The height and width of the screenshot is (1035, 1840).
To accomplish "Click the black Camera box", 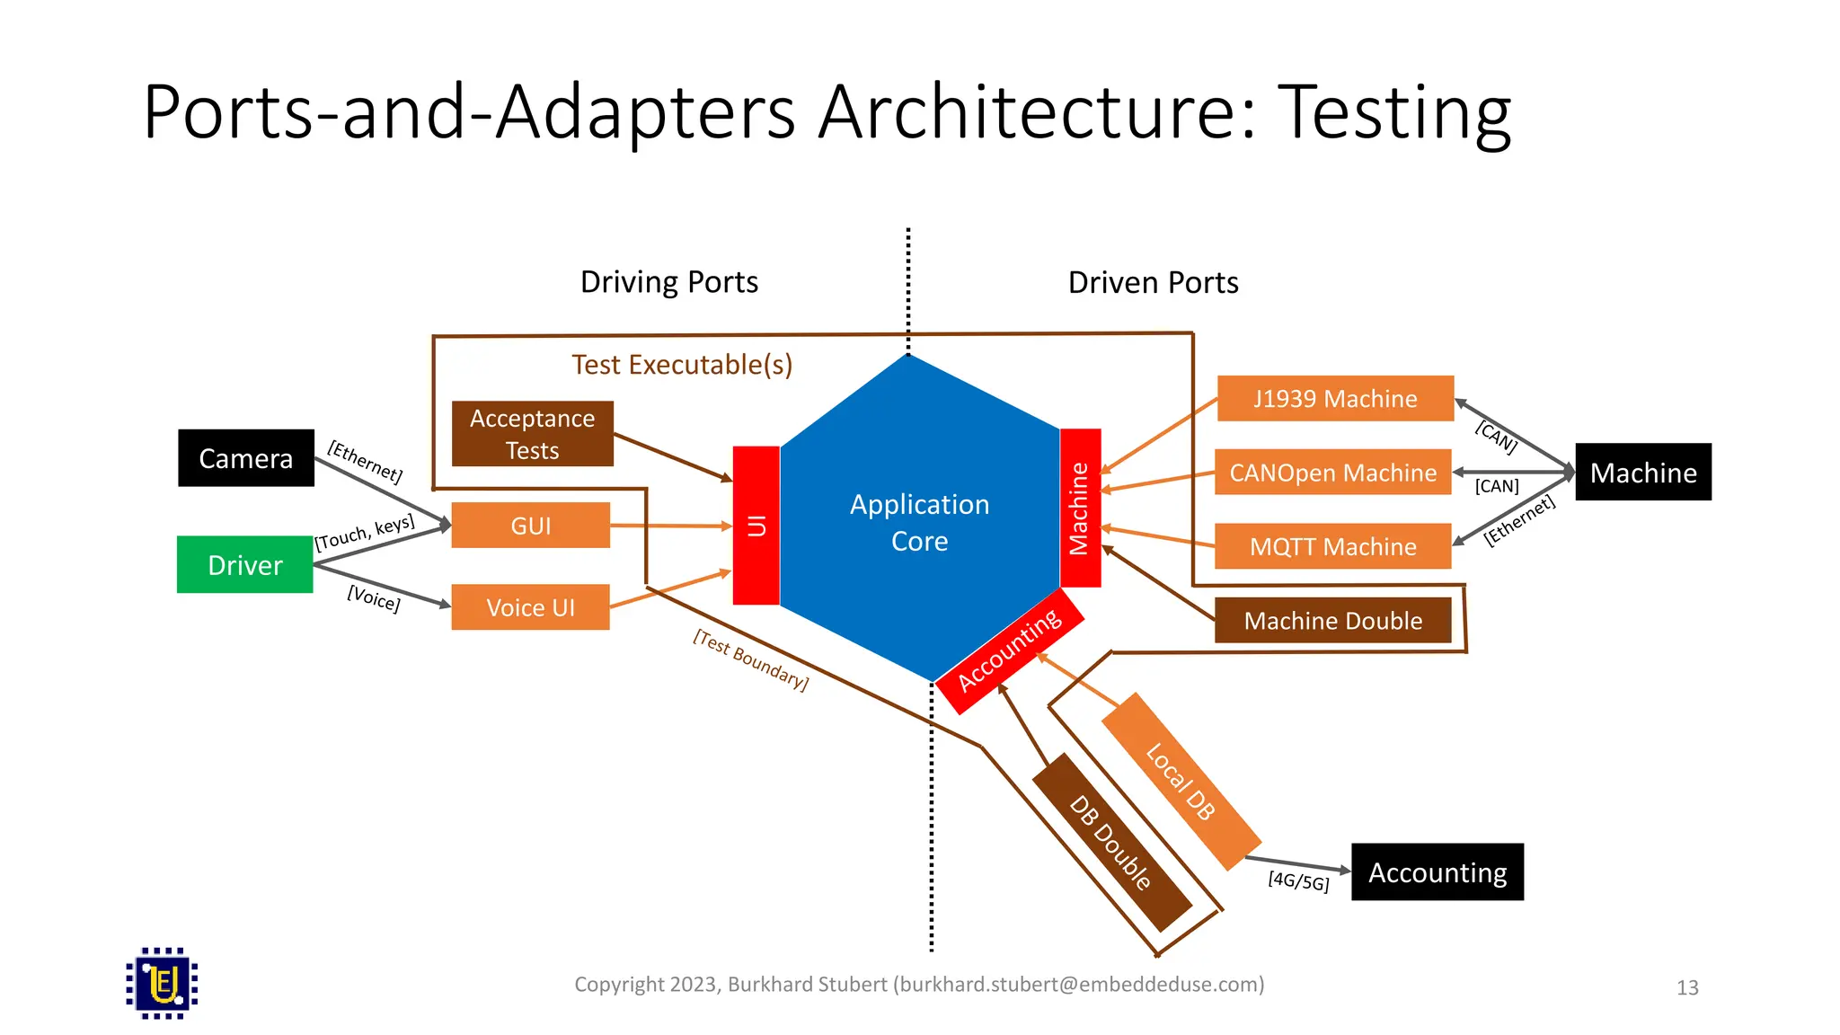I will click(245, 458).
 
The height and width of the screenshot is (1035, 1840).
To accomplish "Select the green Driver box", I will click(244, 564).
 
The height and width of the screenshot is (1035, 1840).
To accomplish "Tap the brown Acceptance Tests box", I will click(532, 434).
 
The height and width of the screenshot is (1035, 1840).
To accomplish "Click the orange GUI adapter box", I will click(530, 526).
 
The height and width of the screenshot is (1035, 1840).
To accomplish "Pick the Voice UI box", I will click(530, 607).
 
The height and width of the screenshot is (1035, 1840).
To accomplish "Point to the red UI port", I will click(756, 526).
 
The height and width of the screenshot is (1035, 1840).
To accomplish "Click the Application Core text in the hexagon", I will click(919, 522).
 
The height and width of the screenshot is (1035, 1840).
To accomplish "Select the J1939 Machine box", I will click(1335, 398).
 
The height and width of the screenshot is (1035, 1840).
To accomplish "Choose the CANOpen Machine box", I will click(1332, 473).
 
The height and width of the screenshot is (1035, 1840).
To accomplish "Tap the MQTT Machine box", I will click(1332, 546).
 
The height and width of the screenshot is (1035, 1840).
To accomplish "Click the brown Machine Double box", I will click(1332, 620).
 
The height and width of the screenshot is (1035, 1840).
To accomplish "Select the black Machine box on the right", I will click(1642, 473).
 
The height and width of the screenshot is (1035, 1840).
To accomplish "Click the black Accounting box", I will click(1437, 872).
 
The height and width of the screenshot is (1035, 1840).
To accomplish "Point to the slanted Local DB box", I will click(1181, 782).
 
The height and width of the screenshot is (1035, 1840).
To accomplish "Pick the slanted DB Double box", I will click(1111, 843).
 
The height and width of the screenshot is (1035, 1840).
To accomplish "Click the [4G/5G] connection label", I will click(1298, 881).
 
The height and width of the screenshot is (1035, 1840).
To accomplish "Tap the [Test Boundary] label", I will click(751, 660).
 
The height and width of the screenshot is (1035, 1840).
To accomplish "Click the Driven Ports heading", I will click(1153, 283).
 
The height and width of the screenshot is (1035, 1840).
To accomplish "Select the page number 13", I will click(1687, 988).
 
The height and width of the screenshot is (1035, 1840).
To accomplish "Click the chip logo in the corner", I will click(162, 983).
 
